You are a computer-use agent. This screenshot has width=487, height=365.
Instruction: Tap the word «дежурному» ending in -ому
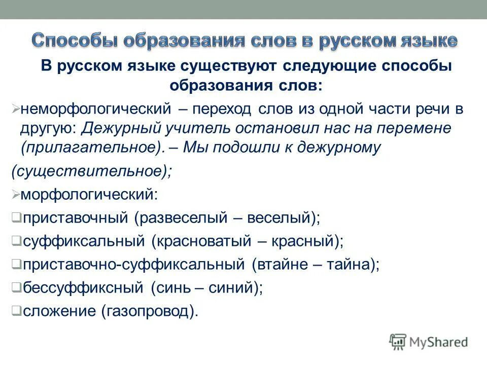343,148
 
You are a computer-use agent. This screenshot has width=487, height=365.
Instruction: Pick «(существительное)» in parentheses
91,171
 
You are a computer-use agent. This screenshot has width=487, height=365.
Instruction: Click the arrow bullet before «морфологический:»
15,195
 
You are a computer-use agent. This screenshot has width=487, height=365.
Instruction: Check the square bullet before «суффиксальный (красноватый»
16,241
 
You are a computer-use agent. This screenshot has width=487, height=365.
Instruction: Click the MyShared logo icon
398,342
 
